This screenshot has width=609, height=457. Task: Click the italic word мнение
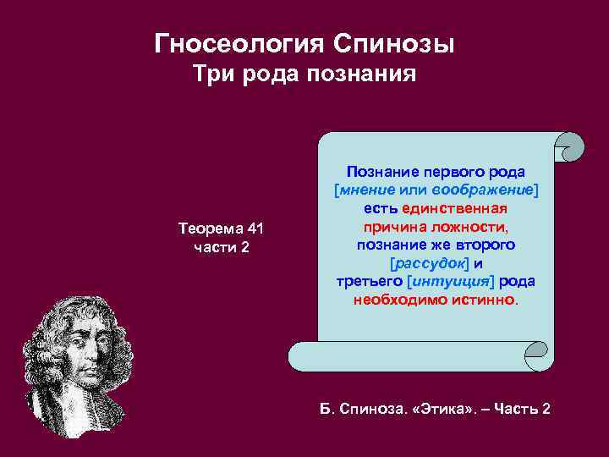(366, 190)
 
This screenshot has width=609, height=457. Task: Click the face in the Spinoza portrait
(83, 347)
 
